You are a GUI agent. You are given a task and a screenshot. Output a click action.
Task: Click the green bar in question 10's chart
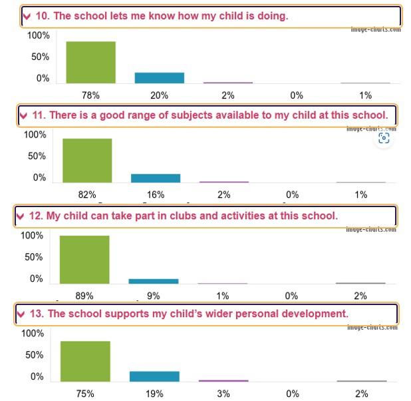pos(90,62)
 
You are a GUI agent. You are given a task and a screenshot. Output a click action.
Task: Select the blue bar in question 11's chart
pos(155,178)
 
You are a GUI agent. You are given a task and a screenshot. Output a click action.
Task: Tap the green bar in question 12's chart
pos(84,259)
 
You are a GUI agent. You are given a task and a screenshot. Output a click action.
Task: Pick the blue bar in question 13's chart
pos(154,376)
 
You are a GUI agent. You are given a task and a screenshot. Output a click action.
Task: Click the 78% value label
pos(90,95)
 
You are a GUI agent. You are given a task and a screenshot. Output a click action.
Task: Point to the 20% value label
pos(159,95)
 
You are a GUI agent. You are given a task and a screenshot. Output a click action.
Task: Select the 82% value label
pos(87,195)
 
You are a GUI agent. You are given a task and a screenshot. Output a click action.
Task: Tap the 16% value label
pos(155,195)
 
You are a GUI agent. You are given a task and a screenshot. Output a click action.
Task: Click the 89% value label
pos(84,296)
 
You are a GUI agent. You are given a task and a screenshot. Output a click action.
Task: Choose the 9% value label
pos(153,296)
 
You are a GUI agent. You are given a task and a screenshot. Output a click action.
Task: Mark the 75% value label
pos(85,394)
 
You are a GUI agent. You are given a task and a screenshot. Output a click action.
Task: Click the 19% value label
pos(154,394)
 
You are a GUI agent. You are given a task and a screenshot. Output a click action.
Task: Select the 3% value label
pos(223,394)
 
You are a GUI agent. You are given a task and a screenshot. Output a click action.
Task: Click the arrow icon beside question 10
pos(27,17)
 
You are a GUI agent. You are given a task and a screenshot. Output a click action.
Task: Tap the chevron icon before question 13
pos(21,314)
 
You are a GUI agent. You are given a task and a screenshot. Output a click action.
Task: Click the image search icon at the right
pos(384,138)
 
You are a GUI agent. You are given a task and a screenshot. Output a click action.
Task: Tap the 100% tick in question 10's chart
pos(39,35)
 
